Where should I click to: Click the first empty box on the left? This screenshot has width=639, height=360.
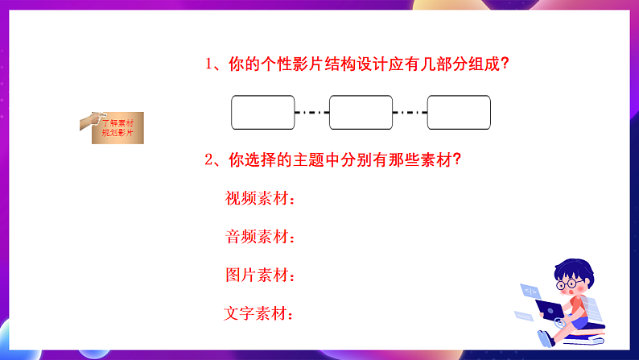click(x=263, y=113)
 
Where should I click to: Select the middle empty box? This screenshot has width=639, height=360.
click(x=361, y=113)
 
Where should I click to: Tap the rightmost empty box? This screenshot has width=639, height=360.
click(x=458, y=113)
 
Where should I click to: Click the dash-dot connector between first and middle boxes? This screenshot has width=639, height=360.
click(x=312, y=113)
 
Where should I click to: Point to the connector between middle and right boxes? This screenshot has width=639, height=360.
click(x=410, y=113)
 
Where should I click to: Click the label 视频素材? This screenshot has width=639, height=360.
click(x=260, y=198)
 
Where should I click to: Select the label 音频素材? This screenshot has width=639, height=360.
click(x=260, y=237)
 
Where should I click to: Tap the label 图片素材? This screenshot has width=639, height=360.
click(x=260, y=275)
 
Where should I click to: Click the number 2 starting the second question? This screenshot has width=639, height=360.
click(x=208, y=159)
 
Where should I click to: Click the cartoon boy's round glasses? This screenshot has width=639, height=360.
click(x=571, y=283)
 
